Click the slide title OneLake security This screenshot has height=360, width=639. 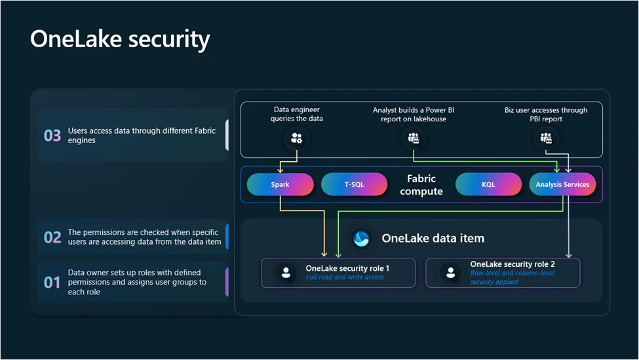coord(120,39)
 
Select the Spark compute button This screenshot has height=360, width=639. coord(280,184)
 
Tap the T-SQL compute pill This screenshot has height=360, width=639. coord(354,184)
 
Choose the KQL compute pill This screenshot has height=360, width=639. coord(488,184)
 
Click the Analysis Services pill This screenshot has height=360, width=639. coord(562,184)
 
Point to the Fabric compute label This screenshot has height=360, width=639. coord(421,184)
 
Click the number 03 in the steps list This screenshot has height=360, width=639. coord(52,135)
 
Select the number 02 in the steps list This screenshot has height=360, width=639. coord(52,237)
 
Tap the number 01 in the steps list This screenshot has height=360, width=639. coord(52,282)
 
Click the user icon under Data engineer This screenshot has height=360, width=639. coord(296,138)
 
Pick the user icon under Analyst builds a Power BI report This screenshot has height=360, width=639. coord(414,138)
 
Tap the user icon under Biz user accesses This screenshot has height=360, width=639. coord(546,138)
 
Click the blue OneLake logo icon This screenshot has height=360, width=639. coord(361,239)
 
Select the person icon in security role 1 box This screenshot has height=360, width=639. coord(286,273)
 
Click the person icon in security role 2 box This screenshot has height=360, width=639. coord(450,273)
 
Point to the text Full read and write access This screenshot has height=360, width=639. coord(345,277)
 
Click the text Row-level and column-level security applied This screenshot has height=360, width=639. coord(513,277)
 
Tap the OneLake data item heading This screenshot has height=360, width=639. coord(433,238)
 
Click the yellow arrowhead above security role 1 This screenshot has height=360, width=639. coord(324,254)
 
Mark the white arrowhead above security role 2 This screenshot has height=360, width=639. coord(568,254)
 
